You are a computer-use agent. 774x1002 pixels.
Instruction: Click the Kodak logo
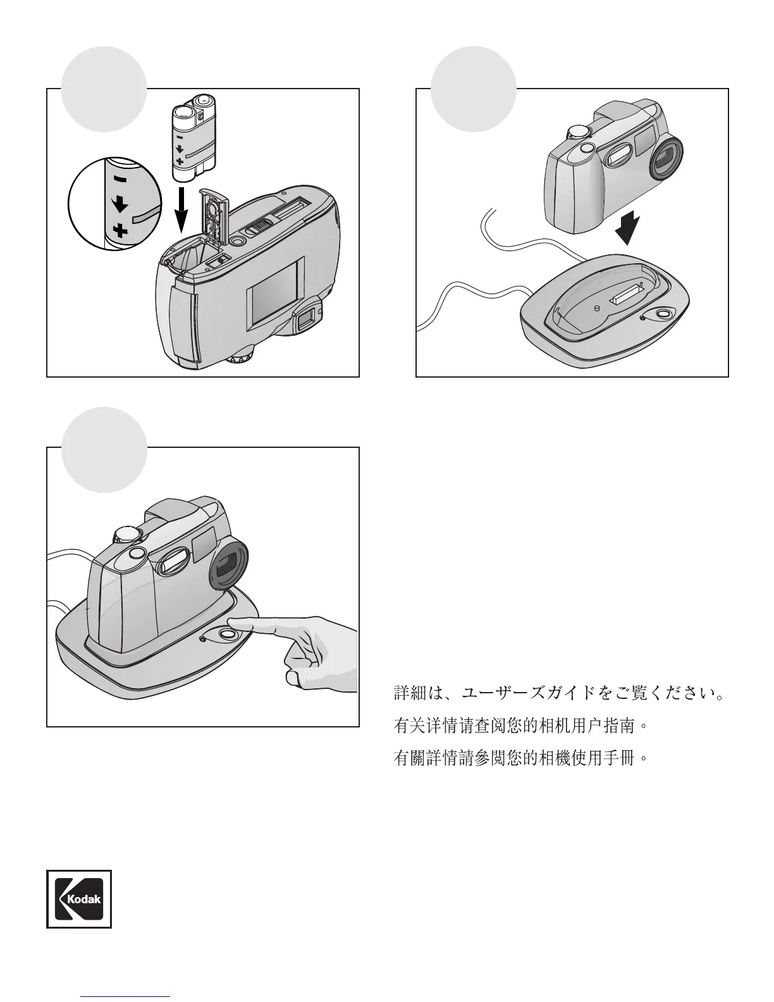[x=79, y=899]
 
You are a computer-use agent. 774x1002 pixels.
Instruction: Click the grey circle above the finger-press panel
[x=104, y=450]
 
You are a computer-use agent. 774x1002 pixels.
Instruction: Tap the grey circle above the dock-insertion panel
[x=474, y=89]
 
